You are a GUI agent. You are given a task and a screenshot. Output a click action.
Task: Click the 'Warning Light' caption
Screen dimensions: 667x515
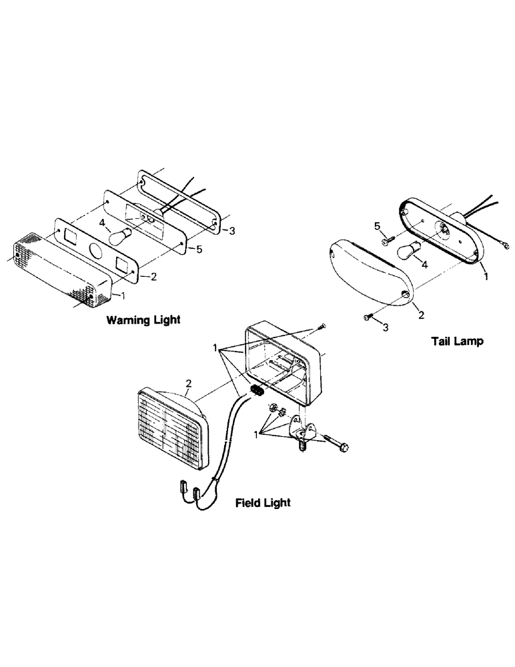click(x=143, y=319)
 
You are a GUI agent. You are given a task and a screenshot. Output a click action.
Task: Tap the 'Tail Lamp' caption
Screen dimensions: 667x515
click(x=457, y=341)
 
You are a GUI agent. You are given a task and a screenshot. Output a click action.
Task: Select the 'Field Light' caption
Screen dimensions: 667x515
click(x=263, y=502)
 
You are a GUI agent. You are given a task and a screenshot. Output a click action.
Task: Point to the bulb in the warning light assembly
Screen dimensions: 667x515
click(x=121, y=235)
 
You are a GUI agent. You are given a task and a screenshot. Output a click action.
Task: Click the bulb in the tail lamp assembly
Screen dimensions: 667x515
click(x=410, y=252)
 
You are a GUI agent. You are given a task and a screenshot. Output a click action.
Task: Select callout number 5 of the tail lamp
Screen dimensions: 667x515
click(x=378, y=227)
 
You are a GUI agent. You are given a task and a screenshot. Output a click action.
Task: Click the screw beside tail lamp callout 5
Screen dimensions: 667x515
click(x=389, y=240)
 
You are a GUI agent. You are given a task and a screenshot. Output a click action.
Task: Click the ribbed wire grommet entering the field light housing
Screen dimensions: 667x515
click(x=257, y=390)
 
